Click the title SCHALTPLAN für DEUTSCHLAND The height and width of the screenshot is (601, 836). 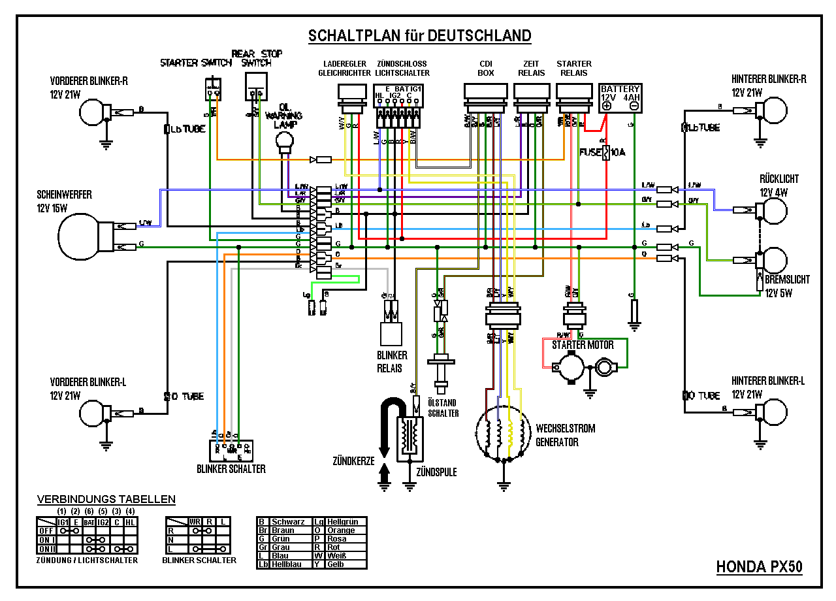point(419,35)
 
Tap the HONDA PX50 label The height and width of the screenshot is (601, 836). point(759,567)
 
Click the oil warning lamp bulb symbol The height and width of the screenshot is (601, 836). point(285,140)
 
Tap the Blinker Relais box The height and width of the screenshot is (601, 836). point(391,334)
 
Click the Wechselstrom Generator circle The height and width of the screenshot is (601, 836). point(503,432)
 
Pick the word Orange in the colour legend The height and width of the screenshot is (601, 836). point(342,530)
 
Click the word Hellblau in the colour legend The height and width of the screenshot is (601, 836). point(287,564)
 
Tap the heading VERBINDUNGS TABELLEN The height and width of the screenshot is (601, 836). point(106,500)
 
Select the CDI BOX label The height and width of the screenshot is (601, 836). point(486,69)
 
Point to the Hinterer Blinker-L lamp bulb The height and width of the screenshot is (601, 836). point(776,412)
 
